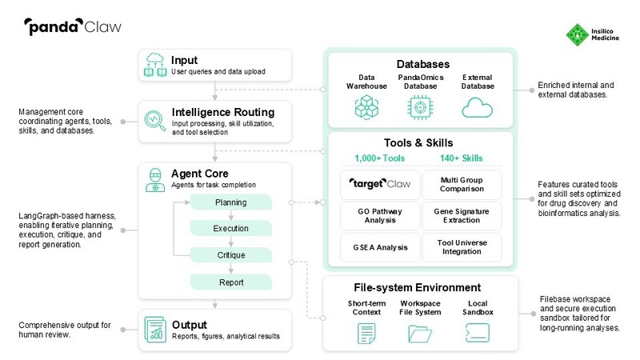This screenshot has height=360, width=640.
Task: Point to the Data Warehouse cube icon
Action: [360, 106]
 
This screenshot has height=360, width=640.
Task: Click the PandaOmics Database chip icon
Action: [418, 106]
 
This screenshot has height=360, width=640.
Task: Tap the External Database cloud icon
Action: [477, 106]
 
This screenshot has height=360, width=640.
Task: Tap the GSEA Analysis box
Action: [375, 247]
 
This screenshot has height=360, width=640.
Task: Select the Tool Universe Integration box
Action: [462, 247]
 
